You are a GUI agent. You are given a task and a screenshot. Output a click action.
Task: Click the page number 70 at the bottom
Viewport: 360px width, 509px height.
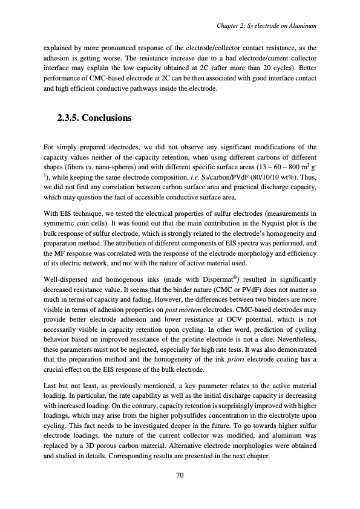pyautogui.click(x=180, y=475)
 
